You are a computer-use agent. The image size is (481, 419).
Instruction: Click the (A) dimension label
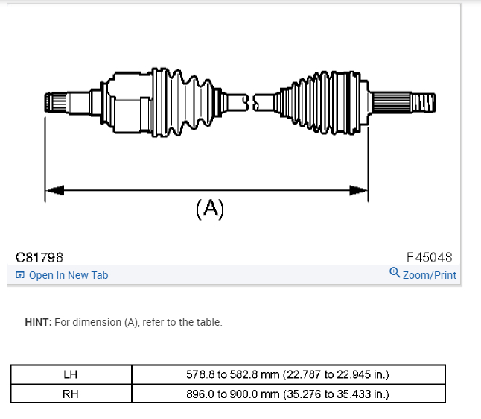point(209,209)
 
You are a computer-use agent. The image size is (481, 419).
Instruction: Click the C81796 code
point(40,258)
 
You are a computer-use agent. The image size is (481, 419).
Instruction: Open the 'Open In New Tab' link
point(68,275)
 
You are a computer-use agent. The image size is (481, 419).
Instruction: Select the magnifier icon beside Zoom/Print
point(395,273)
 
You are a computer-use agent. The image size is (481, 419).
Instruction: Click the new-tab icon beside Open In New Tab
point(20,275)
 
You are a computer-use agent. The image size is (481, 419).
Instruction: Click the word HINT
point(37,322)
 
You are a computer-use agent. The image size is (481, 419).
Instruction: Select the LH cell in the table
point(71,374)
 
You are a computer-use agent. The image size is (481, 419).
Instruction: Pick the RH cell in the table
point(71,393)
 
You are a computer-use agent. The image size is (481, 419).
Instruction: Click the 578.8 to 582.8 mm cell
point(287,374)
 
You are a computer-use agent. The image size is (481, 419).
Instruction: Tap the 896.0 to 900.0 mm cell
point(287,393)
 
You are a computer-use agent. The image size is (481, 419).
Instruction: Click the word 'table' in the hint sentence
point(207,322)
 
